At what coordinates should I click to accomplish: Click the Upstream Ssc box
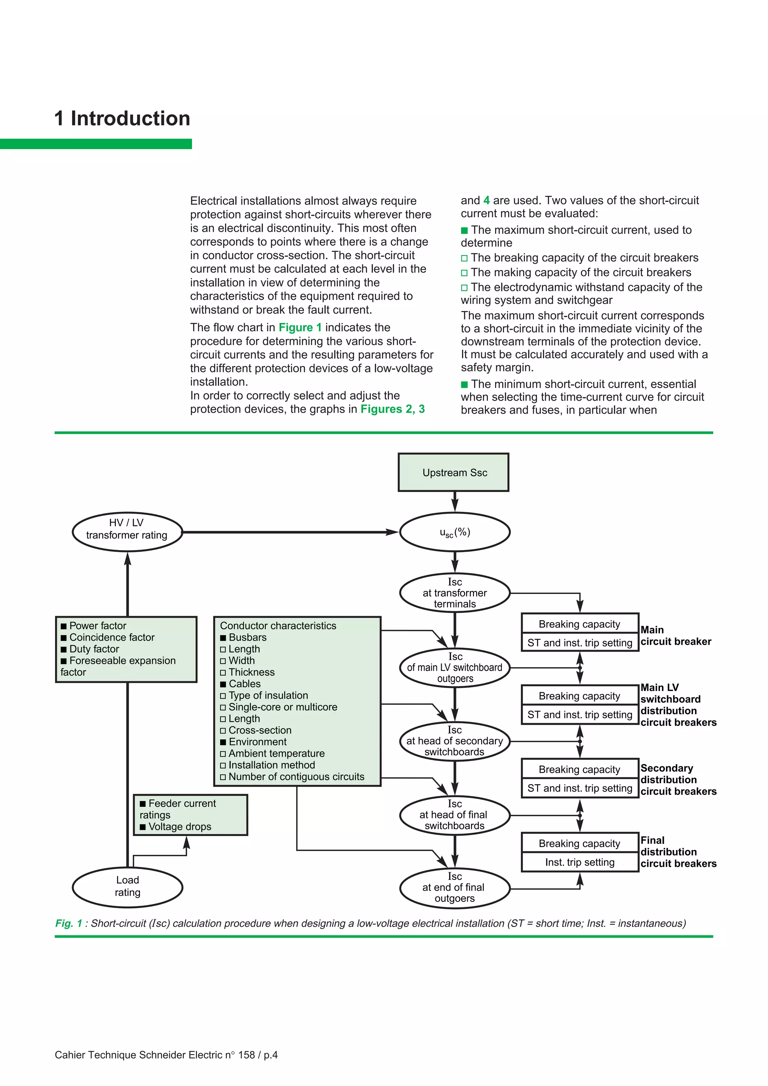(453, 472)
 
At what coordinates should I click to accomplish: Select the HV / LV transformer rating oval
(127, 532)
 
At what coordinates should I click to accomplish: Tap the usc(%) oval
(455, 532)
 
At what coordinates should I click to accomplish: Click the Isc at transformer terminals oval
(455, 593)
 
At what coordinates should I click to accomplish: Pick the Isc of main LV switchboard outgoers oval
(455, 667)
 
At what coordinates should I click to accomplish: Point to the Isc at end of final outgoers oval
(455, 888)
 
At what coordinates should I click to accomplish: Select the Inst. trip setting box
(580, 862)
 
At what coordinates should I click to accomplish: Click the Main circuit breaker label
(676, 636)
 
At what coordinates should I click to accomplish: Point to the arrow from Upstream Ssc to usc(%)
(455, 502)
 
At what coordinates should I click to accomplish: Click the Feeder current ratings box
(190, 815)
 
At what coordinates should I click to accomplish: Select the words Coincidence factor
(112, 637)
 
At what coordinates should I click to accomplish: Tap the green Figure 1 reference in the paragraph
(300, 327)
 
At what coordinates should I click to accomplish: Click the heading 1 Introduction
(122, 118)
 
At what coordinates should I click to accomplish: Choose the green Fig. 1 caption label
(69, 923)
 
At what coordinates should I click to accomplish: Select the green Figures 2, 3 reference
(392, 409)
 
